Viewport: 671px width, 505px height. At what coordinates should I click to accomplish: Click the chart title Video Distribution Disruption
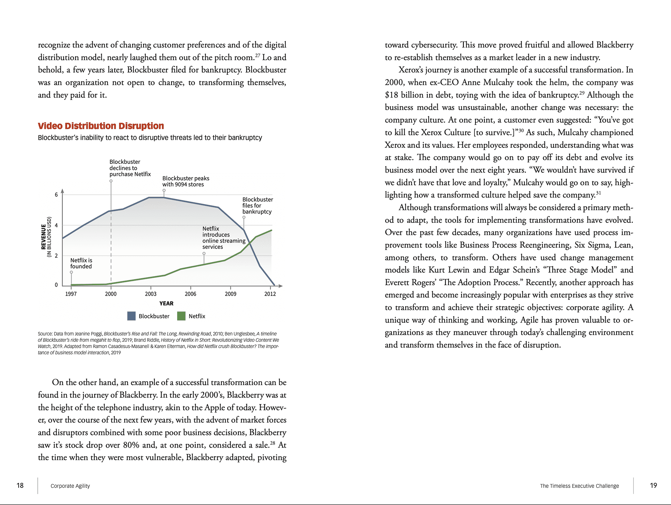(x=101, y=126)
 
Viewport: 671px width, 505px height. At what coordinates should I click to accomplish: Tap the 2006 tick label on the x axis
(x=190, y=294)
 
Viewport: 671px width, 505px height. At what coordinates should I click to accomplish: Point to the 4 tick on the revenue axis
(x=56, y=225)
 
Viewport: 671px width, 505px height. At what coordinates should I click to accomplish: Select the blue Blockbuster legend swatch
(x=131, y=316)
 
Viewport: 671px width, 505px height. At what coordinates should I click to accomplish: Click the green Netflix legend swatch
(x=181, y=316)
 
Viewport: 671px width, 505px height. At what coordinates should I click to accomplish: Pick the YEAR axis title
(x=166, y=303)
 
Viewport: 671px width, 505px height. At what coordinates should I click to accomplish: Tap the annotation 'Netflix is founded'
(x=81, y=263)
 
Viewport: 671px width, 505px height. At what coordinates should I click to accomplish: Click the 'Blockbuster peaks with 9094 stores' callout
(x=186, y=181)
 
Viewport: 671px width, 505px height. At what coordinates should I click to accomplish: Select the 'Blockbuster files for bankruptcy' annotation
(x=258, y=205)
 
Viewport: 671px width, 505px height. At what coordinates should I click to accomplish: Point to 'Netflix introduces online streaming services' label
(x=224, y=238)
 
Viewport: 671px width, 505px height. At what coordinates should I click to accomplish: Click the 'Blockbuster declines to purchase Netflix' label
(x=130, y=168)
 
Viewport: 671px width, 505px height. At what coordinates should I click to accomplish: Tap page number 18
(x=20, y=485)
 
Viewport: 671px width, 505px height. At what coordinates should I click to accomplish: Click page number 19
(x=653, y=485)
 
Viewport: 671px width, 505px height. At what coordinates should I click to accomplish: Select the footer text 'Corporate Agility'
(x=70, y=486)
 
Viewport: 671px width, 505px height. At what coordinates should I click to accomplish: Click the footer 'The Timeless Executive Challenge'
(x=579, y=486)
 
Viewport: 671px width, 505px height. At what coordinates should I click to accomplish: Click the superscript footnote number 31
(x=598, y=193)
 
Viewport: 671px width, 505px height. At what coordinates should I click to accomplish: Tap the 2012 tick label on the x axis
(x=270, y=294)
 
